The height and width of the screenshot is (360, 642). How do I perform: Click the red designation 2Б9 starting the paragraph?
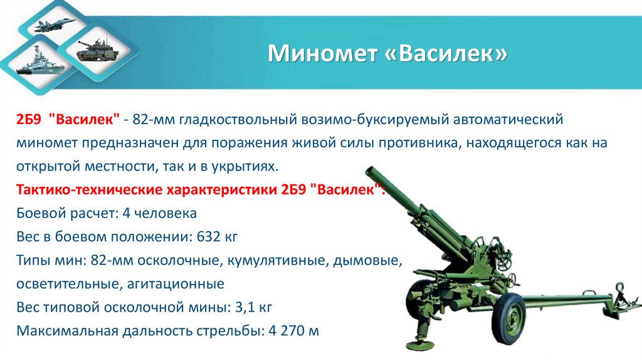[x=29, y=119]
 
